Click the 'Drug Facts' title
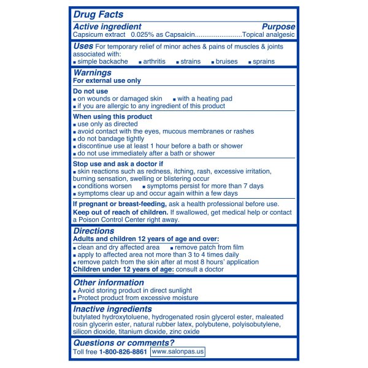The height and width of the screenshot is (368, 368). tap(98, 14)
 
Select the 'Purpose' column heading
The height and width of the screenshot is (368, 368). tap(278, 27)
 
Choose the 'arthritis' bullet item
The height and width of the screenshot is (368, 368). tap(158, 62)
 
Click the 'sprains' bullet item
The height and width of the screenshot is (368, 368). tap(264, 62)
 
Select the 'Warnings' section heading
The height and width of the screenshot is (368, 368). tap(92, 73)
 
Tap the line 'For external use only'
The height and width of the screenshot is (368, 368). tap(107, 81)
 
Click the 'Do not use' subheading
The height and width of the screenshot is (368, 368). tap(90, 91)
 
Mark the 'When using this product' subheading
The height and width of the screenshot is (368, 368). tap(113, 117)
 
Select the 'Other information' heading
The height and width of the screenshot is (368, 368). tap(109, 283)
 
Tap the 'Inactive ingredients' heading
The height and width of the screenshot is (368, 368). tap(112, 309)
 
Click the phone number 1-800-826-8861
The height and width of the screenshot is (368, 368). tap(123, 352)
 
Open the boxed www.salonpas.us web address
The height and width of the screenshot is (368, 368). tap(178, 352)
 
